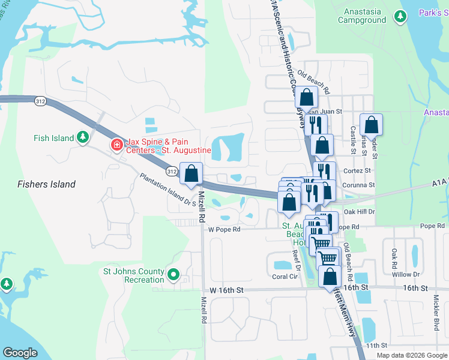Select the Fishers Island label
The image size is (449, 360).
[46, 184]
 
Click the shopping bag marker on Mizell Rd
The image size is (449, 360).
[191, 174]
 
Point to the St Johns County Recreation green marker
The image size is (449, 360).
[174, 275]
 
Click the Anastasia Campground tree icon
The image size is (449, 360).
[400, 17]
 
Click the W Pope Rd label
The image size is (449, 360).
[224, 229]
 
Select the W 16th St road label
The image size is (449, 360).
[226, 290]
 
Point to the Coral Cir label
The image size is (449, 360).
[285, 277]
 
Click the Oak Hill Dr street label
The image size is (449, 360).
[360, 211]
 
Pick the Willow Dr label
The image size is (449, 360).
[406, 274]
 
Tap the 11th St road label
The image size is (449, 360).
[377, 346]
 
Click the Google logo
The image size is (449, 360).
[20, 352]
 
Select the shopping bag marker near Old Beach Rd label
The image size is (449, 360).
[307, 97]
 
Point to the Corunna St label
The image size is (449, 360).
[359, 185]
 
